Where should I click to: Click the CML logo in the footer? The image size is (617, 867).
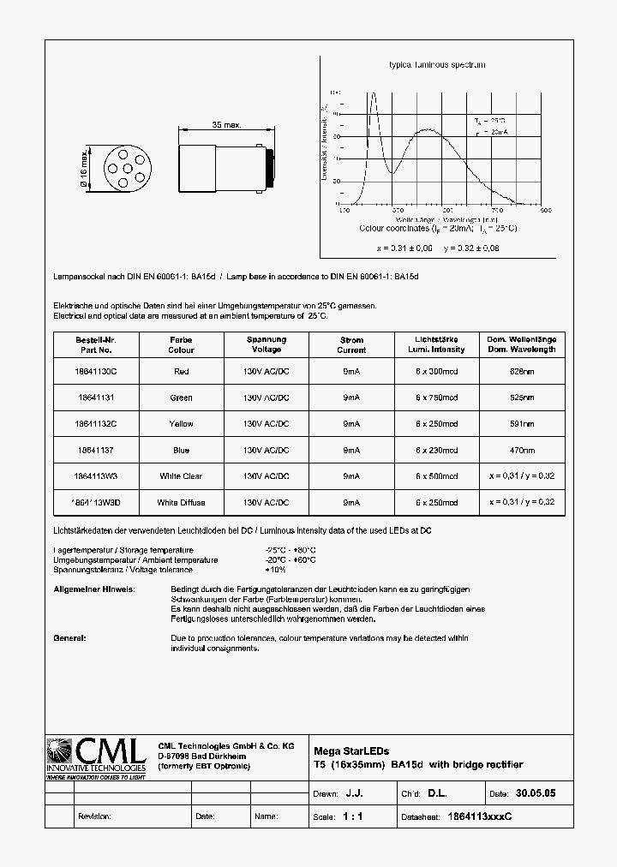point(97,759)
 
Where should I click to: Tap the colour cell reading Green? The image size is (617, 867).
point(181,398)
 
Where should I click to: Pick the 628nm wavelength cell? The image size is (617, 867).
point(522,371)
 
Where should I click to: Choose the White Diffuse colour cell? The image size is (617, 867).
point(181,503)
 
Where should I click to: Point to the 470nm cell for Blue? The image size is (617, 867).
point(522,451)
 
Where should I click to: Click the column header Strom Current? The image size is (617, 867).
point(351,344)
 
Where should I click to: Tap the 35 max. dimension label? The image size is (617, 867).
point(226,125)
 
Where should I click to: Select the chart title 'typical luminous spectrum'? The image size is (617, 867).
point(437,65)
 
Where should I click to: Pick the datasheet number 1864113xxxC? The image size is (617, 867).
point(480,816)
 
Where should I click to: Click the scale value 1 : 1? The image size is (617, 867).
point(352,816)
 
